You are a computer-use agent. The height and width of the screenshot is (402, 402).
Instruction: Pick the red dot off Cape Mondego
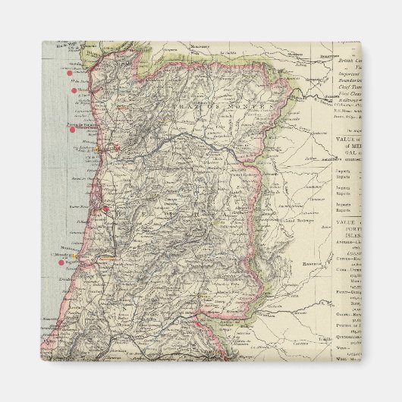point(61,263)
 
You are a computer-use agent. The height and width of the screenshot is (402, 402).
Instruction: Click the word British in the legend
point(346,59)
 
